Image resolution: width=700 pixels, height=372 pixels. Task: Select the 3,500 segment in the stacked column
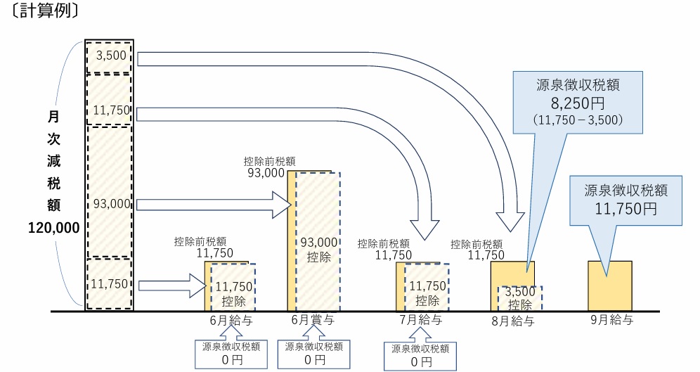tap(108, 57)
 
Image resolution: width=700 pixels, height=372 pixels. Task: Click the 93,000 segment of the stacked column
tap(108, 204)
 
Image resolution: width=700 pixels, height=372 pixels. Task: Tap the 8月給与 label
tap(513, 321)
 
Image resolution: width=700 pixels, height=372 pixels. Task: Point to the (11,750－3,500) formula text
tap(578, 120)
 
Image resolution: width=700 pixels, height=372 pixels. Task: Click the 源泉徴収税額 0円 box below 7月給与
tap(420, 355)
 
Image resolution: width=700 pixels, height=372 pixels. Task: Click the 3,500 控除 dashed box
tap(520, 297)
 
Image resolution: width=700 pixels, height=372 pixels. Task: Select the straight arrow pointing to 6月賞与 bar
tap(214, 205)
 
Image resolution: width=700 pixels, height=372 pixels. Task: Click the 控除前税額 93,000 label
tap(266, 166)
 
